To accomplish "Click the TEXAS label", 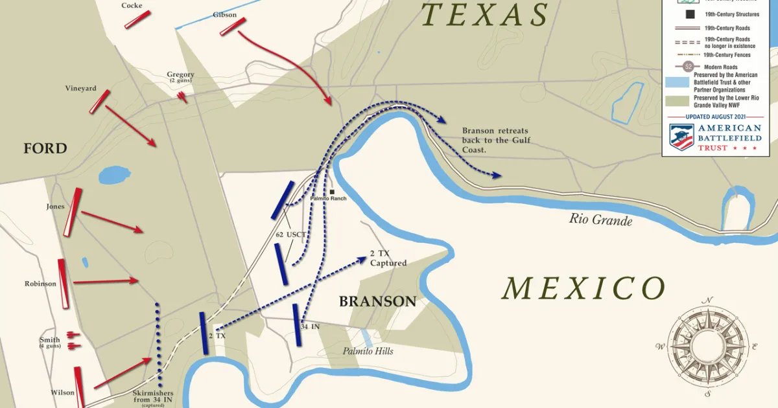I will point(484,14).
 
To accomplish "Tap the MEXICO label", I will point(583,288).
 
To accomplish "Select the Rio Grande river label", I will point(600,220).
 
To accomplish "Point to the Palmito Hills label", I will point(368,351).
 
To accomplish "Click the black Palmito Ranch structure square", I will point(332,192).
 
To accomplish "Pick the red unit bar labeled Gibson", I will point(233,27).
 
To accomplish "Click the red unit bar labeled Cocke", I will point(137,19).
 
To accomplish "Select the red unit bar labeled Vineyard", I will point(100,102).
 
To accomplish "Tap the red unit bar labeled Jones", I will point(73,212).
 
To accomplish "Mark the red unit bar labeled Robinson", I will point(64,284).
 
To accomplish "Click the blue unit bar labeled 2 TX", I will point(204,334).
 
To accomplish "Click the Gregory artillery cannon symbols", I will point(183,97).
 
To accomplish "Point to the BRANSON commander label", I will point(377,301).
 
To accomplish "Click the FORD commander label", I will point(45,148).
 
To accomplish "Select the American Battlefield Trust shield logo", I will point(681,137).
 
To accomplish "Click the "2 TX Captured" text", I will point(388,258).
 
